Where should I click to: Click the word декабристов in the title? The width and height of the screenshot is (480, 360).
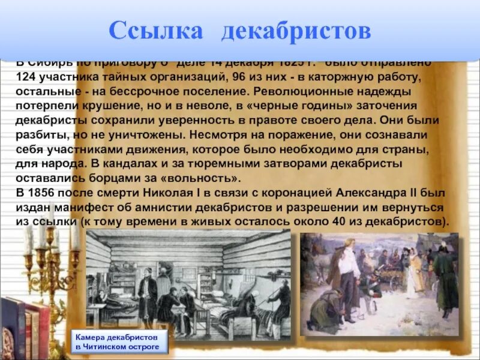click(x=296, y=31)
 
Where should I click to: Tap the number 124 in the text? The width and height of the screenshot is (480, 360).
click(x=26, y=77)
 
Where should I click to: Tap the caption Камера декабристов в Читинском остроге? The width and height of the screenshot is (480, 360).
click(x=118, y=341)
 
